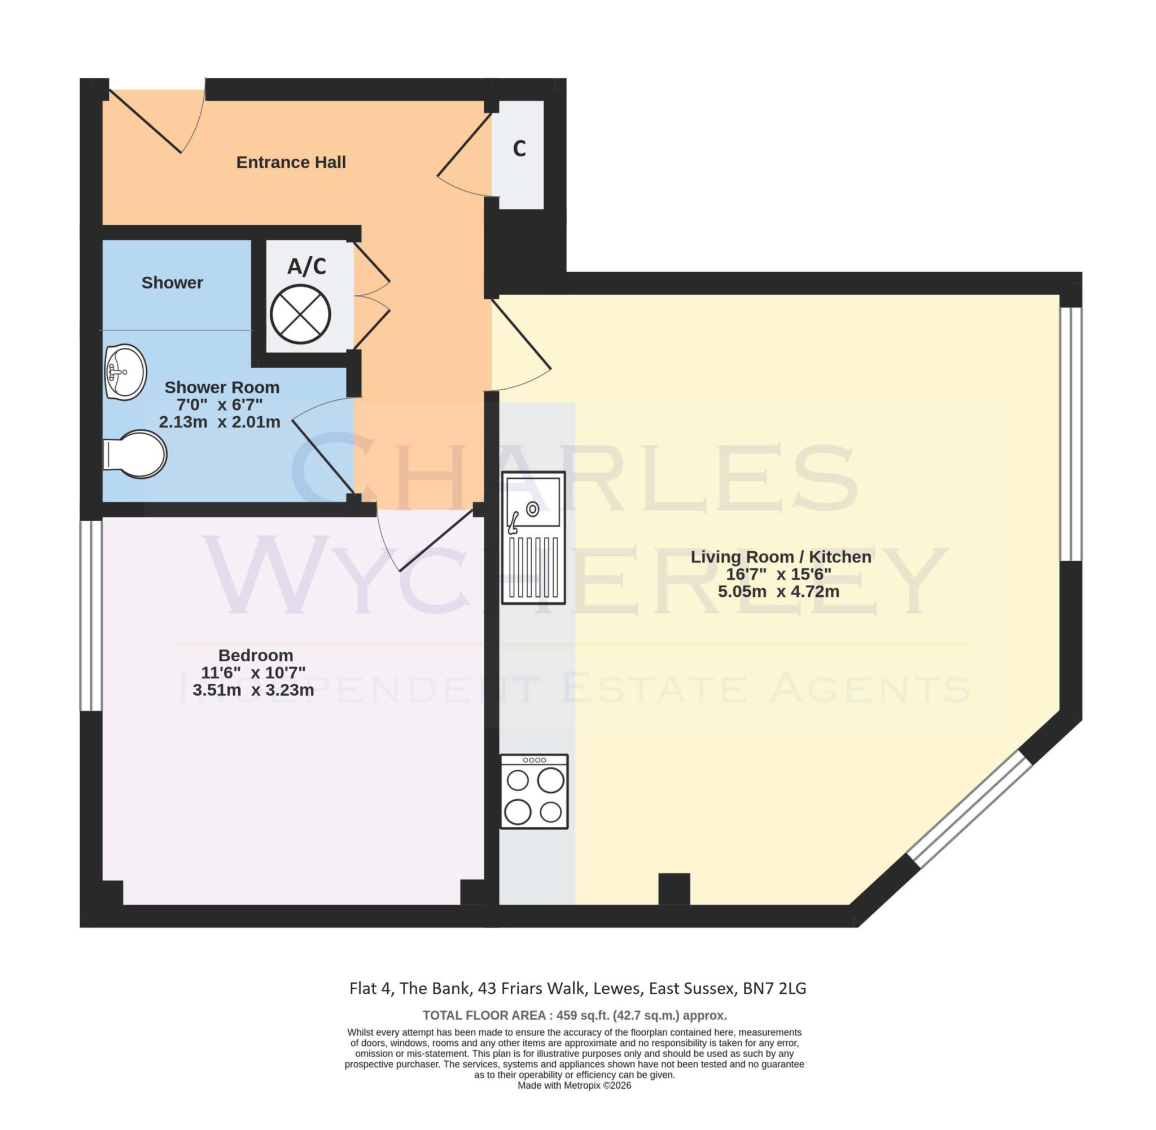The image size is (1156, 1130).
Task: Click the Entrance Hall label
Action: [x=291, y=162]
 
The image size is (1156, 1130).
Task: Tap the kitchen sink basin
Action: [x=532, y=501]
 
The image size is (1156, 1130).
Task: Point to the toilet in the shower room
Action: [x=135, y=454]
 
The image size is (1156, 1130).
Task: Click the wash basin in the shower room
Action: [x=125, y=373]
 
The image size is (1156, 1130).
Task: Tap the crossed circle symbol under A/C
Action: [x=300, y=314]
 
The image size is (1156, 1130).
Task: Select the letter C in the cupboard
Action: [x=519, y=149]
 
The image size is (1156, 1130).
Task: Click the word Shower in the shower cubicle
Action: [x=172, y=282]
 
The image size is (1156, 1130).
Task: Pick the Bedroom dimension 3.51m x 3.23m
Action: [x=253, y=690]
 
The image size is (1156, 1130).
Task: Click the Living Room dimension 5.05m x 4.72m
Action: [x=778, y=591]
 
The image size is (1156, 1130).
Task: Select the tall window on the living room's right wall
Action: [x=1071, y=433]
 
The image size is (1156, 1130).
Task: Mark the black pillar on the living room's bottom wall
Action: [x=674, y=888]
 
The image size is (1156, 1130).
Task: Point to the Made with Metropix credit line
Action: [x=573, y=1085]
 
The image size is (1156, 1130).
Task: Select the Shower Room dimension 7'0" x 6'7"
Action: [x=220, y=405]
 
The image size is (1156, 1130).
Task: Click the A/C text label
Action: [x=306, y=267]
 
